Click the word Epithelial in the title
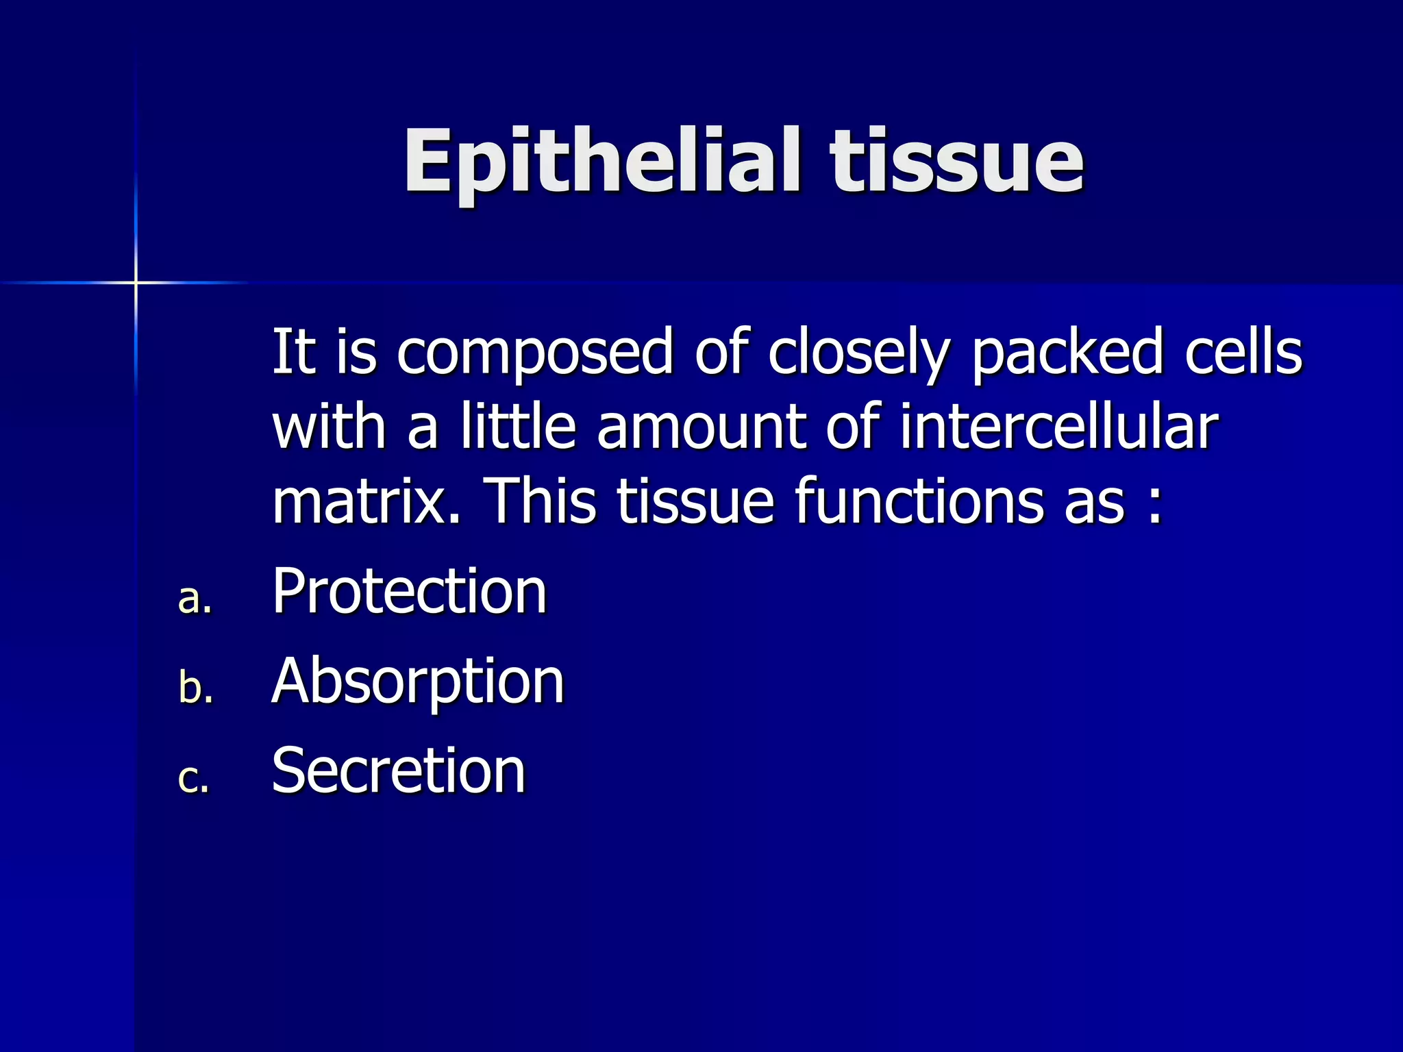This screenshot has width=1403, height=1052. [601, 163]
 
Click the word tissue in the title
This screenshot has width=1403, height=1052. [957, 163]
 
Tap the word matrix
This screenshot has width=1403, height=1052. [366, 501]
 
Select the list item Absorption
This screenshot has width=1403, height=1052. [418, 682]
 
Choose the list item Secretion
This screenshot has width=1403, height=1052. [399, 771]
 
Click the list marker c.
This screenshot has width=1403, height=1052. [193, 779]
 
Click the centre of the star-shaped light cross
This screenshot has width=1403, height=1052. [136, 282]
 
